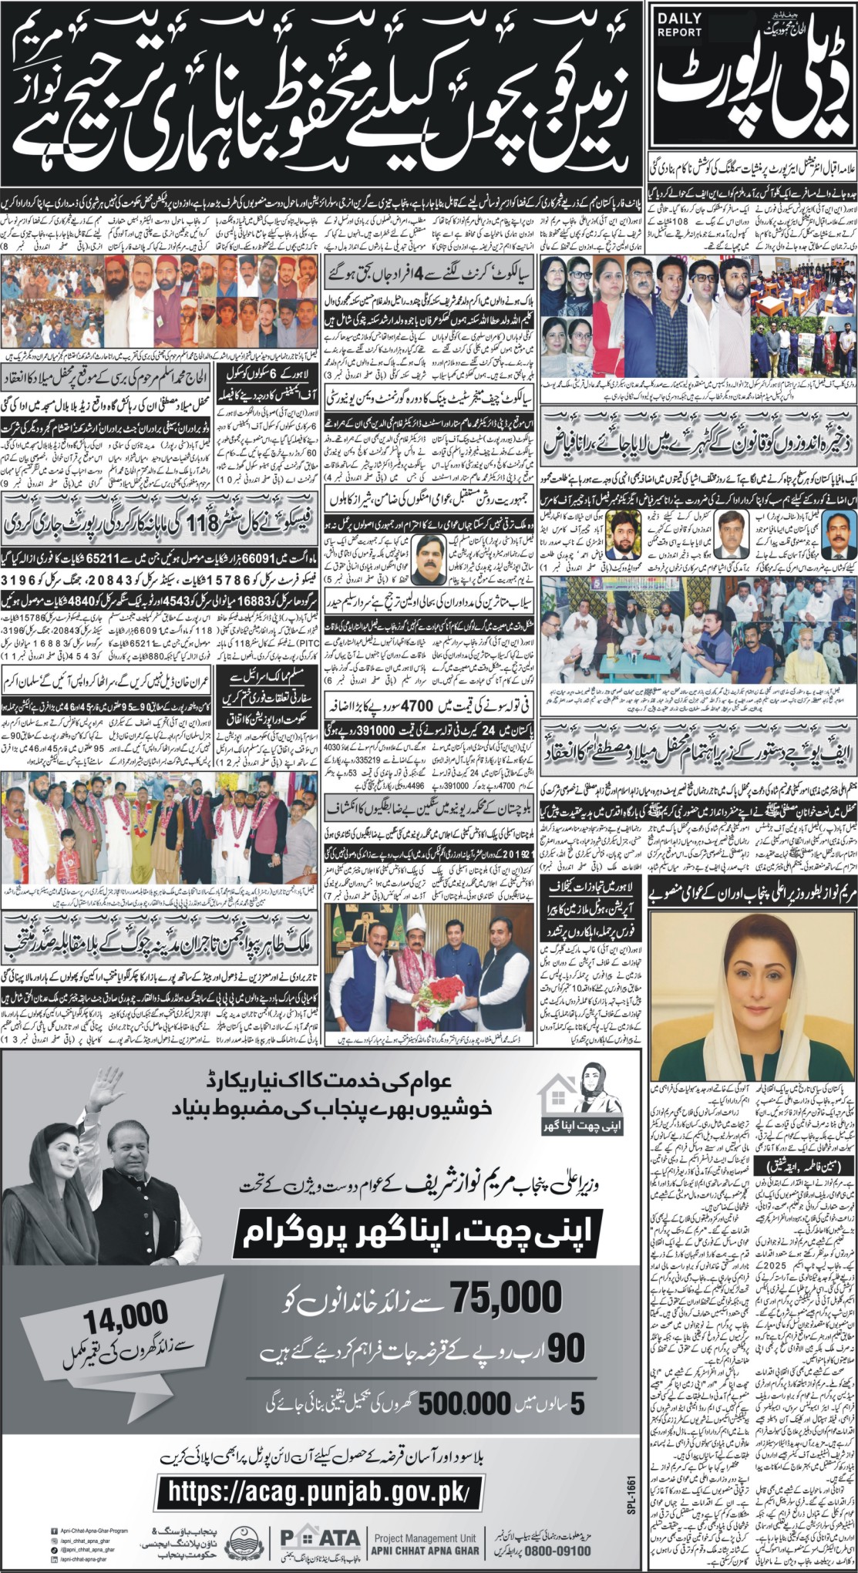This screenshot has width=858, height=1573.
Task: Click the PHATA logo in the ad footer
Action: click(320, 1539)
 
